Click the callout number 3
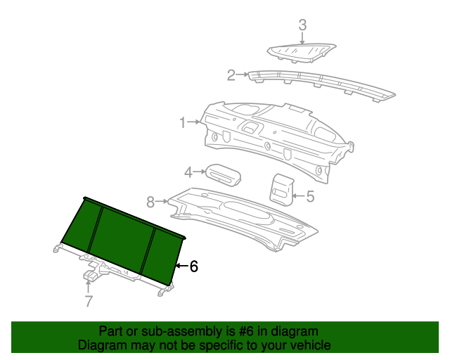(302, 25)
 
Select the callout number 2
(231, 75)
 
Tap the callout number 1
(183, 122)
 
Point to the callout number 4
(188, 172)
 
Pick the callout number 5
(310, 196)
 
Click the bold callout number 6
(194, 266)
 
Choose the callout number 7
(89, 301)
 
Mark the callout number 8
(150, 202)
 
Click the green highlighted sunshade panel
(122, 241)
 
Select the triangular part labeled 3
(302, 52)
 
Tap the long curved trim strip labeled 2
(321, 84)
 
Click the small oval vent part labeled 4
(224, 175)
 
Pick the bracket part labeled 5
(281, 190)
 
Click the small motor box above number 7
(91, 276)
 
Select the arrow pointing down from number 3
(302, 38)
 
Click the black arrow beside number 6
(181, 266)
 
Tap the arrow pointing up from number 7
(89, 287)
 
